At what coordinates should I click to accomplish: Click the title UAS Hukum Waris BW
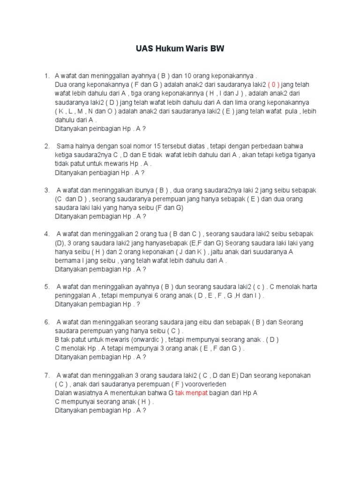click(x=180, y=49)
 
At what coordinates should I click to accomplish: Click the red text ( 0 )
click(x=274, y=84)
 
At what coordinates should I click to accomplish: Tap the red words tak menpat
click(x=191, y=393)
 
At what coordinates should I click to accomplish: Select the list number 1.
click(x=47, y=75)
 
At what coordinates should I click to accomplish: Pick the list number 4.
click(x=47, y=234)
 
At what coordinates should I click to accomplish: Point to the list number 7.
click(x=47, y=375)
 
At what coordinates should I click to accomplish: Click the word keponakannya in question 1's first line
click(x=231, y=75)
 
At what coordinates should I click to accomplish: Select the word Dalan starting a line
click(x=63, y=393)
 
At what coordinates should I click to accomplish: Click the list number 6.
click(x=47, y=322)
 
